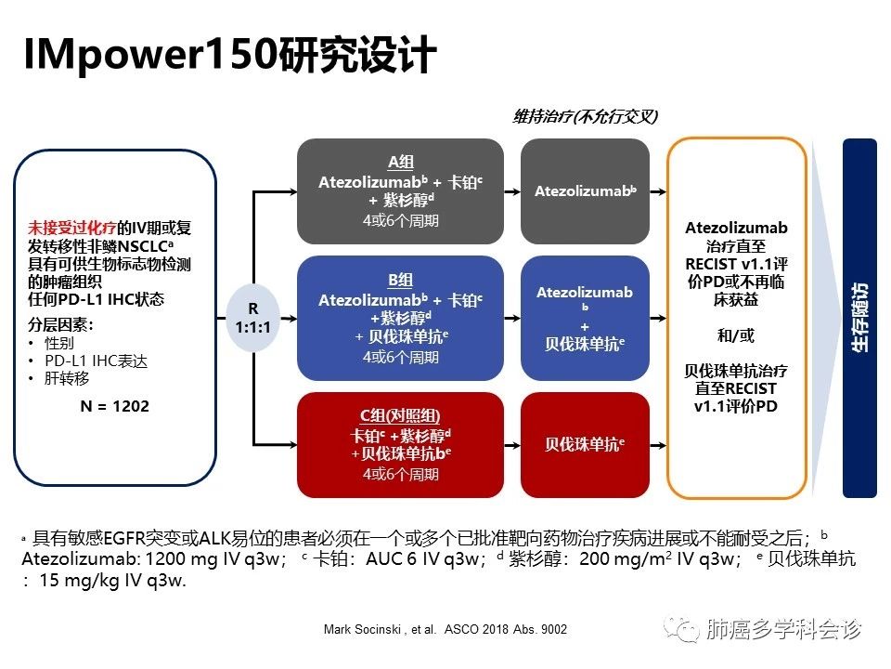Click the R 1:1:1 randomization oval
coord(253,318)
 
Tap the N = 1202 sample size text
coord(114,406)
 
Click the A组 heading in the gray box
coord(400,162)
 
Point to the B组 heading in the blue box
coord(400,280)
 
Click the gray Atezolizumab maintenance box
coord(585,191)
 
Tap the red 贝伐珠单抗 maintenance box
coord(585,445)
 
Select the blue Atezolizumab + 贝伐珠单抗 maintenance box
coord(585,317)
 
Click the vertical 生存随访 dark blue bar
coord(859,317)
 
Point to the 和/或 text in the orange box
coord(736,334)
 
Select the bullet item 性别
coord(59,342)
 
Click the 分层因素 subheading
coord(62,324)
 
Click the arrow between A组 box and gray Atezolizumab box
coord(511,191)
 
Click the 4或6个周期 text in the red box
coord(400,474)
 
